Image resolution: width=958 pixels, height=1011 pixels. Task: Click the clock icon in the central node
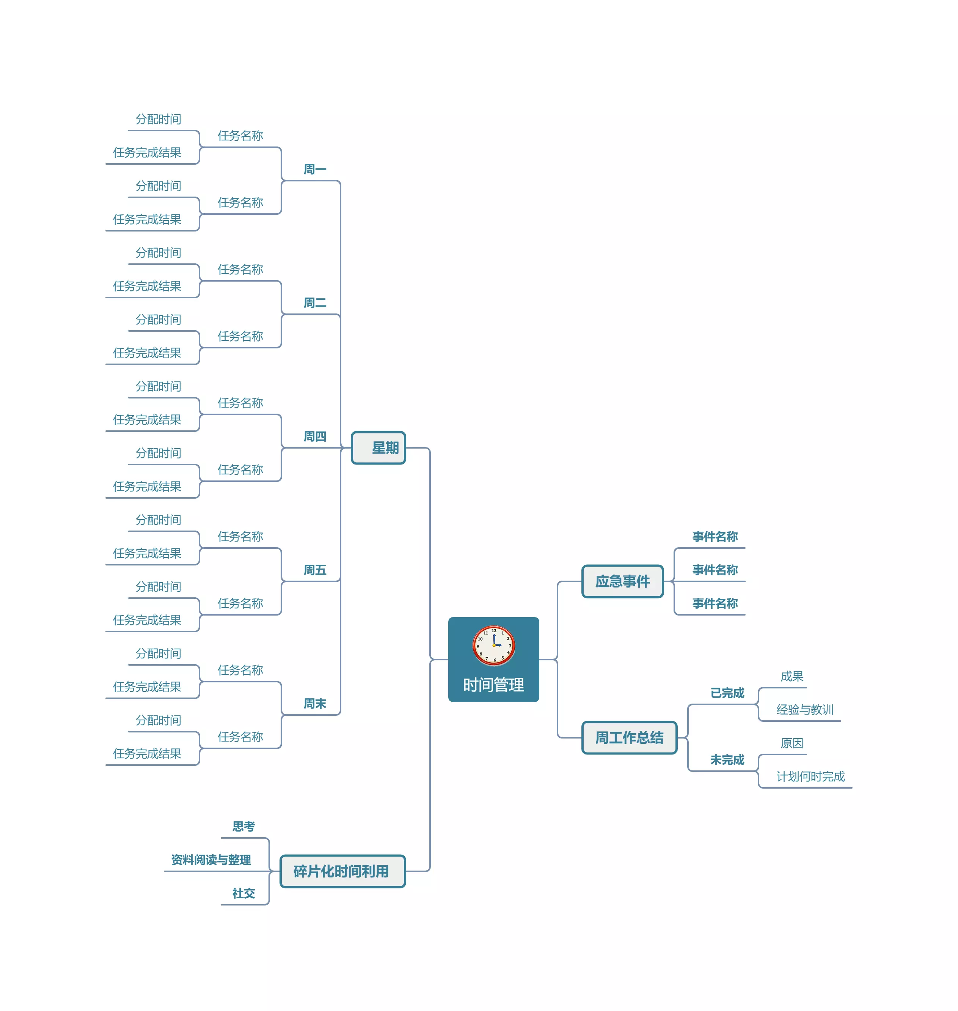(493, 645)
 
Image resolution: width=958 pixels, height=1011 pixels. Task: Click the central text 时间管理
(493, 685)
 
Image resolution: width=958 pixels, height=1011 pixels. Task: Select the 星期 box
(378, 448)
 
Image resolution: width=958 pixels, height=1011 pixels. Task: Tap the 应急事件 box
(622, 581)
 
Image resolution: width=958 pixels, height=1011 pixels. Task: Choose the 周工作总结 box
(629, 738)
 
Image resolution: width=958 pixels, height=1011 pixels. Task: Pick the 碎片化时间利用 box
(342, 871)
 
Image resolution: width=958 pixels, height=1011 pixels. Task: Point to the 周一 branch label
(314, 170)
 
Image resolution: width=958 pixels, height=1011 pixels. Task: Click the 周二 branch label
(314, 303)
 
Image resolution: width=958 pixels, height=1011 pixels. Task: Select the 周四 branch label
(314, 437)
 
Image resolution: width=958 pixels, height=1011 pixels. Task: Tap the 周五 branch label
(314, 570)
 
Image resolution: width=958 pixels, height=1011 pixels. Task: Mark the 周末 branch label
(314, 704)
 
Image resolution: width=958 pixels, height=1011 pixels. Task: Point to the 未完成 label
(727, 760)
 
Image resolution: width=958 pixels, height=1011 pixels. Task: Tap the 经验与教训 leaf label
(805, 710)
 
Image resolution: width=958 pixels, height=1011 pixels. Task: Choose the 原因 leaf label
(792, 743)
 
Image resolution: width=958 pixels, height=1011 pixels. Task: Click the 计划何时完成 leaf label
(810, 777)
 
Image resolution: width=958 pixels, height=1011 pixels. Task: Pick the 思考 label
(243, 827)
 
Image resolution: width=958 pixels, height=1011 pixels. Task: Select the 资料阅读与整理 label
(211, 860)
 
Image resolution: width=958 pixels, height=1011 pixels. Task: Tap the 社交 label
(243, 893)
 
